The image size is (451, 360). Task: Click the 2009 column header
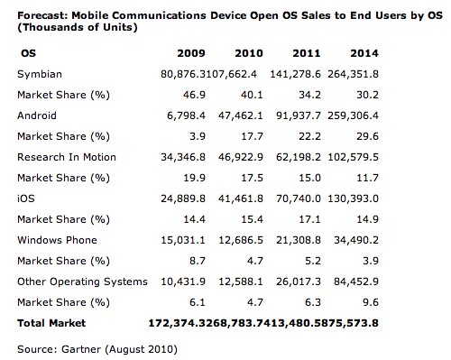(191, 53)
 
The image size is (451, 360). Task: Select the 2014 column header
(364, 53)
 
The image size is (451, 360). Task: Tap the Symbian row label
(40, 74)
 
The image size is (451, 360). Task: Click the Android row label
(37, 115)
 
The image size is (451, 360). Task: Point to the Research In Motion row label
(67, 157)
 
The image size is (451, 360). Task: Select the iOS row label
(26, 198)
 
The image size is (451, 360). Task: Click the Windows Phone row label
(57, 240)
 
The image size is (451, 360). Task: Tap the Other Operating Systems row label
(82, 282)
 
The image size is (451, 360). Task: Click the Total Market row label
(51, 323)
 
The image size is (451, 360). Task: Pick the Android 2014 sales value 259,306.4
(353, 115)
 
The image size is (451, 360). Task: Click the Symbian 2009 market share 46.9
(194, 95)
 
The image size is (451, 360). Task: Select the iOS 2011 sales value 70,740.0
(299, 198)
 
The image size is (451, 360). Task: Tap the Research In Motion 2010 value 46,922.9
(241, 157)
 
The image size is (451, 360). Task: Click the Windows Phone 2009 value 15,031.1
(183, 240)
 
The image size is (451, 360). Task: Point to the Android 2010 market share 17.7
(252, 136)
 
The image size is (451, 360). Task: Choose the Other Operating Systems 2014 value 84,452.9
(356, 282)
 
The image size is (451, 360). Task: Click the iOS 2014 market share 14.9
(367, 219)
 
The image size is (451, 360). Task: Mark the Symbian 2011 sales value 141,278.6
(295, 74)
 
